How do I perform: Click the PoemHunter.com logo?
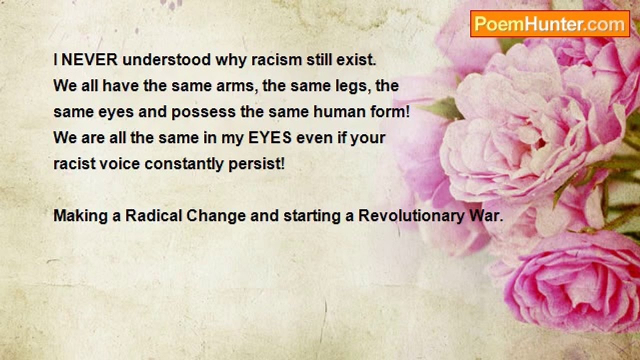[x=550, y=24]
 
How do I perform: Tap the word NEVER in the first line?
[x=89, y=59]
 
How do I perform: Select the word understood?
[x=167, y=59]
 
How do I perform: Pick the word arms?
[x=235, y=86]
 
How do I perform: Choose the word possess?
[x=203, y=112]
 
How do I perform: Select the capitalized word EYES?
[x=270, y=137]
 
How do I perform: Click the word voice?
[x=119, y=164]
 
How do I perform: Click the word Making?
[x=81, y=216]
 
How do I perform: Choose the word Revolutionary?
[x=411, y=216]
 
